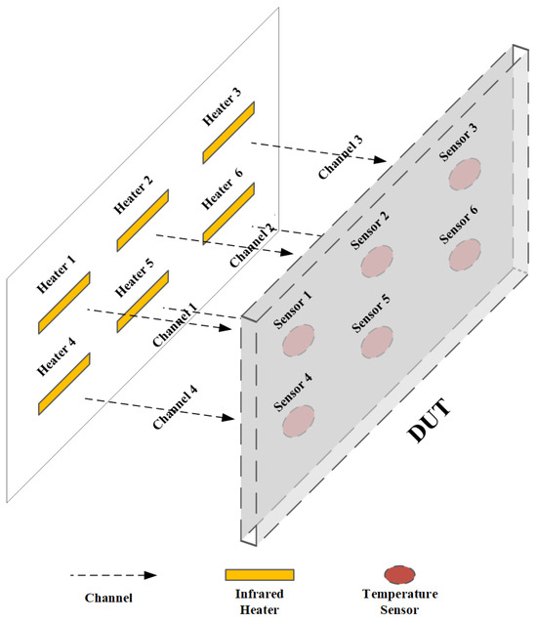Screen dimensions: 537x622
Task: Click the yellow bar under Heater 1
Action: point(64,303)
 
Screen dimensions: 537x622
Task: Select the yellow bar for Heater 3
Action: point(228,133)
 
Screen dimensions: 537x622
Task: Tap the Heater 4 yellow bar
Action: point(64,384)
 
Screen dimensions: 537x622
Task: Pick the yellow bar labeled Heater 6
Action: point(228,214)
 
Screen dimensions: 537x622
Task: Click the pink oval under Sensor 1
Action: point(299,341)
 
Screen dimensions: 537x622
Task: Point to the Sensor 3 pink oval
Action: point(465,174)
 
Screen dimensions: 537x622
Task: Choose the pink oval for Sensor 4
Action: point(299,421)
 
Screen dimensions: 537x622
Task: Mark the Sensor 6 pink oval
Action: point(465,255)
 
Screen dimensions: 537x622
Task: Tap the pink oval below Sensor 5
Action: point(377,342)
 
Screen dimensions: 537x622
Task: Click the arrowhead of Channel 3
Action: point(380,160)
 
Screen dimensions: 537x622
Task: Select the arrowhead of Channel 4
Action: point(227,417)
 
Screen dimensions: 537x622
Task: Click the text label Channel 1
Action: point(175,325)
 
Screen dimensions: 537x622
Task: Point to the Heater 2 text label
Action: point(133,194)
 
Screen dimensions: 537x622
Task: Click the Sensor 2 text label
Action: point(370,230)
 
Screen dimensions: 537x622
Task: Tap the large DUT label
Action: point(430,421)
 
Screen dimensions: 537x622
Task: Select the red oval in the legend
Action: point(399,574)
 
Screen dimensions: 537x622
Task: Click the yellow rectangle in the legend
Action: point(260,575)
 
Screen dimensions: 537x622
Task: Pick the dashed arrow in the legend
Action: point(113,575)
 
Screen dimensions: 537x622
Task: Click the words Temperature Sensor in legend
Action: point(399,601)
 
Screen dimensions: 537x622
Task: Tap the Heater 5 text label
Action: point(134,278)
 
